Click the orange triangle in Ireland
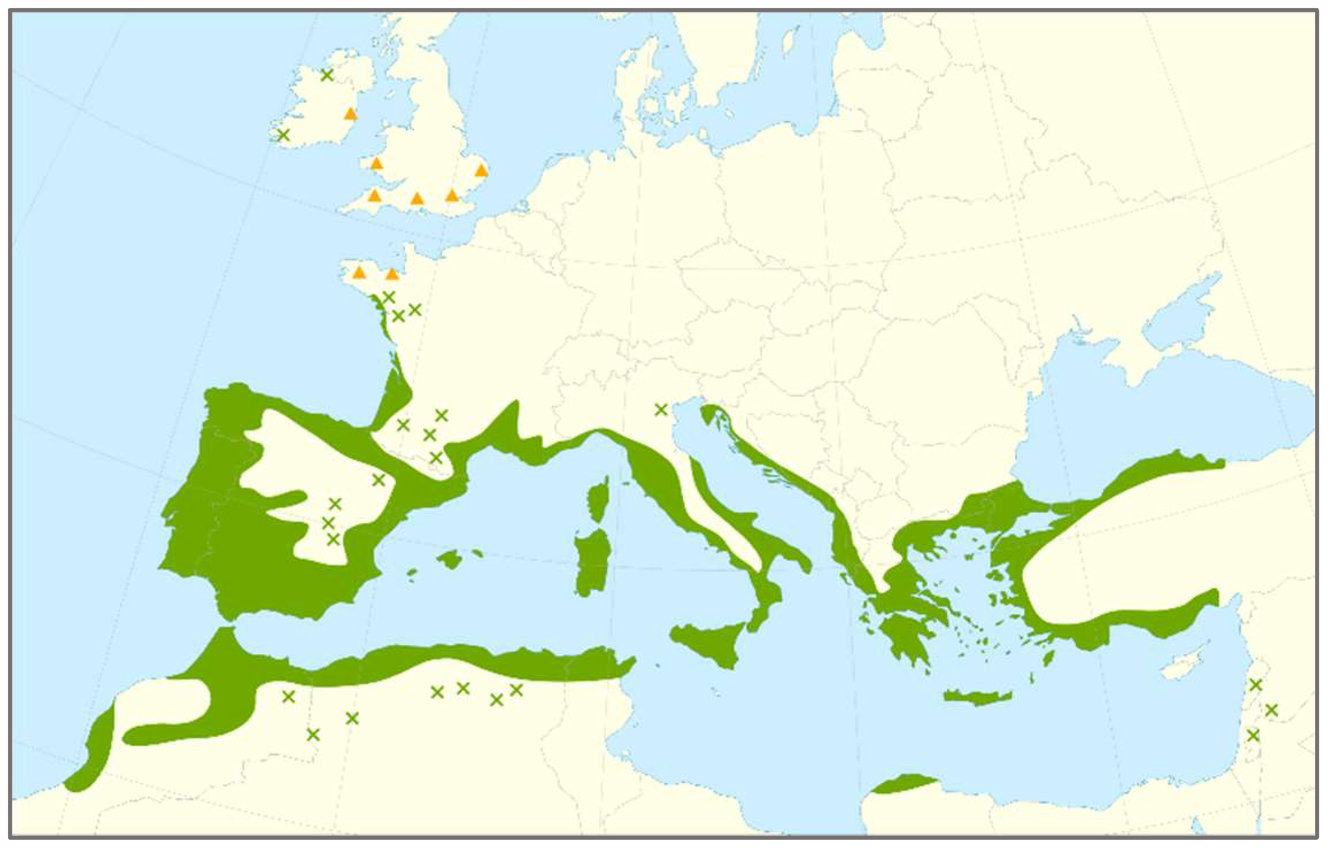click(350, 114)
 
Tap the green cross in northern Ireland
click(327, 75)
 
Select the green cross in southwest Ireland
click(283, 135)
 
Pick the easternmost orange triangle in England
click(481, 170)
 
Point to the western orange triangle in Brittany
click(359, 272)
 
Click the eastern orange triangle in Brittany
click(392, 274)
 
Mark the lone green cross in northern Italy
click(661, 410)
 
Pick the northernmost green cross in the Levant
click(1255, 685)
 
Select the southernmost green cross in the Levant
click(1253, 735)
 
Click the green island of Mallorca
click(450, 559)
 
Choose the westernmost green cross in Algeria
click(288, 697)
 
